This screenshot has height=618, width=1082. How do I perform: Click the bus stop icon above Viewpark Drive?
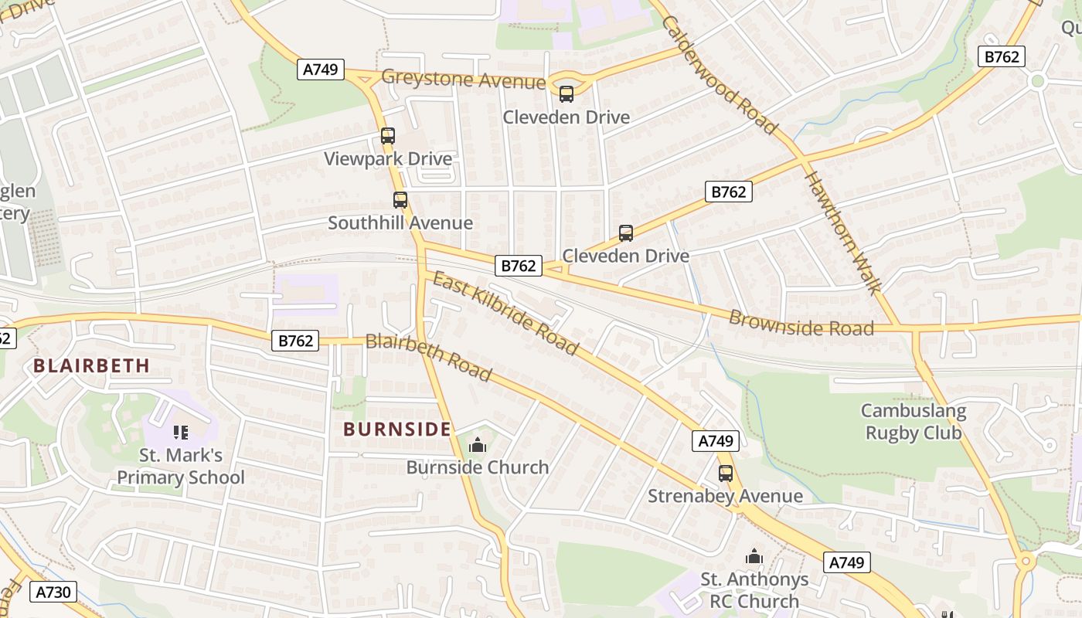point(388,136)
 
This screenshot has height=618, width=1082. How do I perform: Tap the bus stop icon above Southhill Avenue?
point(400,200)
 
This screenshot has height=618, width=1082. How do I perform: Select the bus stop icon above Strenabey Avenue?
point(726,474)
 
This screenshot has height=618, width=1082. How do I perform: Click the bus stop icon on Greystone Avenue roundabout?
point(567,94)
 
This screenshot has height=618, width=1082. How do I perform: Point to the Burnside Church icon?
point(478,445)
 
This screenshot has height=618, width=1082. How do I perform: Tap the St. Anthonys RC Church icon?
point(754,556)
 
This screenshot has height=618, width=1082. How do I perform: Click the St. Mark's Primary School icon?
point(181,433)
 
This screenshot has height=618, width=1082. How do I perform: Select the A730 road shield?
point(54,593)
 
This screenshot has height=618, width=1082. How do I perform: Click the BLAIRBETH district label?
point(91,366)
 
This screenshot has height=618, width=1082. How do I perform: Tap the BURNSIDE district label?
point(396,430)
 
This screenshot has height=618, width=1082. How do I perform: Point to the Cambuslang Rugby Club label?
point(914,422)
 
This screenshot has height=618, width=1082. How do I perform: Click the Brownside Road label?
point(801,324)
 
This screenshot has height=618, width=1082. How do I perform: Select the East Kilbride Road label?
point(505,313)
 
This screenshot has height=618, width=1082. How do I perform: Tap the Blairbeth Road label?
point(429,357)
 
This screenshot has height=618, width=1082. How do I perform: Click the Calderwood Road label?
point(719,75)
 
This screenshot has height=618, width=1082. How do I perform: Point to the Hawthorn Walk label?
point(842,232)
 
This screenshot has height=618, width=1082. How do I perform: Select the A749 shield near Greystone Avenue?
point(320,70)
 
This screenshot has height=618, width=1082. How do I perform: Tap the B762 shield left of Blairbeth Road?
point(295,341)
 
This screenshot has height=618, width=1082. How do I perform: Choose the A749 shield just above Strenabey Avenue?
point(716,441)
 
